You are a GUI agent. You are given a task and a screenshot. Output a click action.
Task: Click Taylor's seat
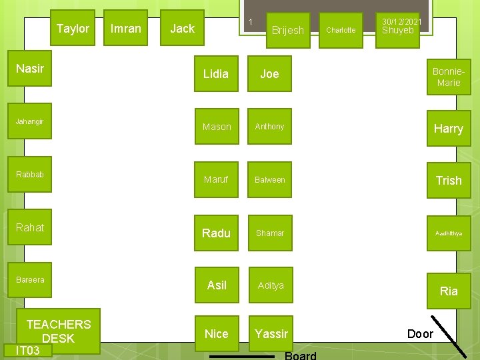point(73,29)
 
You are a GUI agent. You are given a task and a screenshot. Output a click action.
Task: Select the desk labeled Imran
point(126,29)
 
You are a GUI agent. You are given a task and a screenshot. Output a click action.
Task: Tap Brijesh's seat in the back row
point(288,30)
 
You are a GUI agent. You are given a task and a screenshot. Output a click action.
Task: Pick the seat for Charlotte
point(341,30)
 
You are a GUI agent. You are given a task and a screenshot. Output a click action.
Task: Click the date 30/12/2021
point(398,22)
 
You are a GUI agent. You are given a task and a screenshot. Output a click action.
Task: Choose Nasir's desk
point(29,69)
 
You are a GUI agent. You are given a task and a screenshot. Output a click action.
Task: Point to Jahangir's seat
point(29,122)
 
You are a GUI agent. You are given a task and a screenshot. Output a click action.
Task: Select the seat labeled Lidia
point(216,74)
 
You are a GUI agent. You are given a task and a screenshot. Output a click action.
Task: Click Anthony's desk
point(270,127)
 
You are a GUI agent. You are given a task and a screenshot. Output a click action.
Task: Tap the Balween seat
point(270,180)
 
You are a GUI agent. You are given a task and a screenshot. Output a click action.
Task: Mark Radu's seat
point(216,233)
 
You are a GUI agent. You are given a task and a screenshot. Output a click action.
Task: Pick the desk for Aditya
point(271,285)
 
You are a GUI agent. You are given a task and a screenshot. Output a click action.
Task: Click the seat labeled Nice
point(216,334)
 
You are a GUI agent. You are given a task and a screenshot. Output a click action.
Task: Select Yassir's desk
point(271,334)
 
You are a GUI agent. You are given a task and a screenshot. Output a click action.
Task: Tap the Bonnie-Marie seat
point(449,77)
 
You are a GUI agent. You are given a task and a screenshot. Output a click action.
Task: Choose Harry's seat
point(449,129)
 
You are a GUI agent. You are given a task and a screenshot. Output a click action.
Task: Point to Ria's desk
point(449,291)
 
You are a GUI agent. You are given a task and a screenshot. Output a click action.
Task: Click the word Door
point(420,334)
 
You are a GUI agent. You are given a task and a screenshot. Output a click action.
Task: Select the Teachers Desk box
point(59,331)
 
